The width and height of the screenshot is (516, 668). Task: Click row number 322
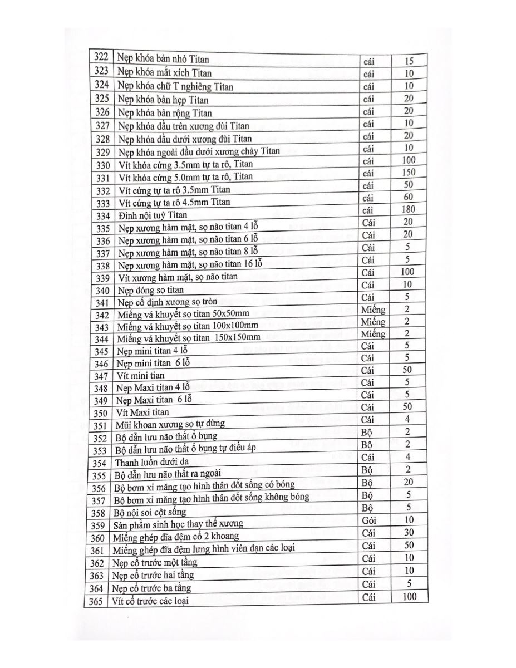click(x=101, y=57)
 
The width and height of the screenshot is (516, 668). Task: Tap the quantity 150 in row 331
click(x=409, y=173)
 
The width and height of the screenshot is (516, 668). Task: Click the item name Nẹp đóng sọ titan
click(x=150, y=290)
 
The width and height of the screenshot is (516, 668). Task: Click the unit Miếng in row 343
click(x=373, y=322)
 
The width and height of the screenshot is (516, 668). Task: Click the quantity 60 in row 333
click(x=409, y=197)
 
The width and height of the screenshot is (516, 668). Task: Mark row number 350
click(x=100, y=413)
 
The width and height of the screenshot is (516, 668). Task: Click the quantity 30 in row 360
click(x=409, y=533)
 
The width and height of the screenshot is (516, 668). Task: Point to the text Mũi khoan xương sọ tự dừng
click(x=170, y=425)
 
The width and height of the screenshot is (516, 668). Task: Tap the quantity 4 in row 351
click(x=408, y=419)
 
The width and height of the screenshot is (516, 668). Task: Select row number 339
click(x=101, y=278)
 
